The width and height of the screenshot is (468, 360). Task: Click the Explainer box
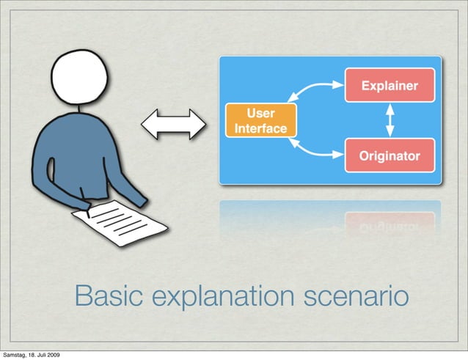pos(390,86)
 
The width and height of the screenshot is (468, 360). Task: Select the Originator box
pos(390,155)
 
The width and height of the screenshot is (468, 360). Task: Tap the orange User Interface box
pos(260,121)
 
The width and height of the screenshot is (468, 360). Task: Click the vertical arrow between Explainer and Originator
pos(390,120)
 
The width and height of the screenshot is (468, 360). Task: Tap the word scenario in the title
pos(359,298)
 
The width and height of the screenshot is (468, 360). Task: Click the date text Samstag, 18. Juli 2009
pos(31,355)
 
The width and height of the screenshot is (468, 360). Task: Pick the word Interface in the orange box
pos(260,129)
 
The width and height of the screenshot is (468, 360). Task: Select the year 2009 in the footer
pos(52,355)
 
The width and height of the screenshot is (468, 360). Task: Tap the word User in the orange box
pos(260,114)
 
